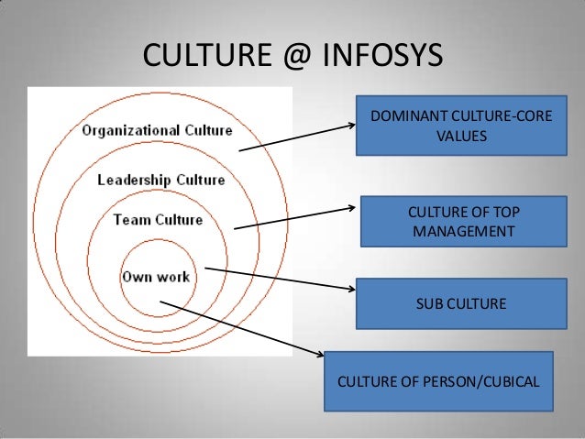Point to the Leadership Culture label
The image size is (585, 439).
point(161,180)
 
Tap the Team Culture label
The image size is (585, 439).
point(158,220)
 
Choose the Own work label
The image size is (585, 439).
point(156,275)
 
